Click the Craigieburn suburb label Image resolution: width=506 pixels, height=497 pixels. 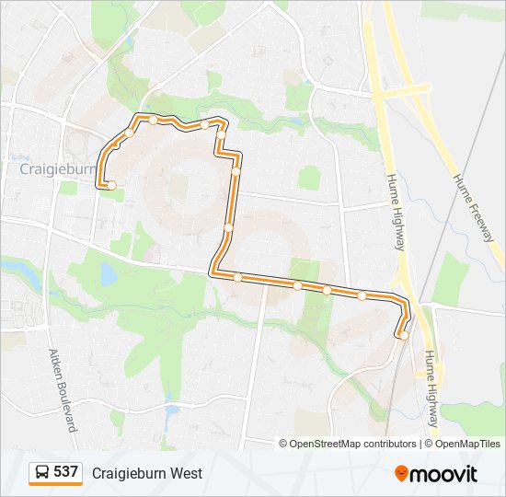coord(58,170)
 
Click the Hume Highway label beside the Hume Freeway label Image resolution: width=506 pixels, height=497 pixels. coord(396,213)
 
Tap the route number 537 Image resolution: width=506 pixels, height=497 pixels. coord(65,472)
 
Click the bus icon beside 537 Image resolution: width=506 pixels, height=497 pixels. coord(42,473)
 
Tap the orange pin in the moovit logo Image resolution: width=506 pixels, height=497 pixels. coord(402,473)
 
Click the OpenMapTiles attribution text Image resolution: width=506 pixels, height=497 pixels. coord(467,444)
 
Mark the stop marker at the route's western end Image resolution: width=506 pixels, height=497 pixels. coord(111,185)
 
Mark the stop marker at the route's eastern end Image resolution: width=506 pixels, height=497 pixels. coord(404,335)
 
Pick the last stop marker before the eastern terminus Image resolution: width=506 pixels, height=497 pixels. coord(362,295)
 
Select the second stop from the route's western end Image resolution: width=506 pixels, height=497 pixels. coord(130,132)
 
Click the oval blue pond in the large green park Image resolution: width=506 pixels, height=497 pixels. coord(109,273)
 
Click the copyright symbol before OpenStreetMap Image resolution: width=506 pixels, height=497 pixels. coord(283,444)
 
